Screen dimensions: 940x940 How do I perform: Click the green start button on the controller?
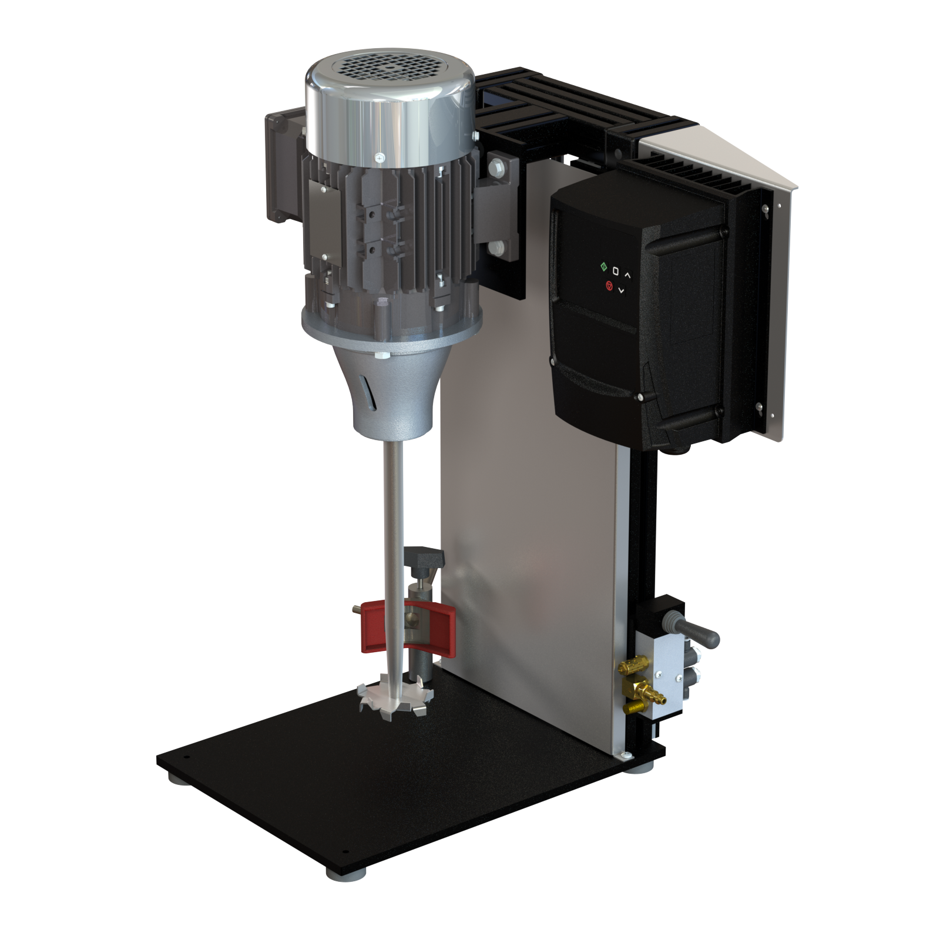coord(603,267)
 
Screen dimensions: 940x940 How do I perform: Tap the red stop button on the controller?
coord(609,286)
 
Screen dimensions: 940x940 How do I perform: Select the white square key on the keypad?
coord(616,271)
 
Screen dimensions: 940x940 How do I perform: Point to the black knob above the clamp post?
coord(422,553)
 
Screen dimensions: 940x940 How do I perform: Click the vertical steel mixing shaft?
coord(390,529)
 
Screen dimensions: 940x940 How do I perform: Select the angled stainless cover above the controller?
coord(728,153)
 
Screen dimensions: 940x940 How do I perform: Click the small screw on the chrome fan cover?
coord(379,157)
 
